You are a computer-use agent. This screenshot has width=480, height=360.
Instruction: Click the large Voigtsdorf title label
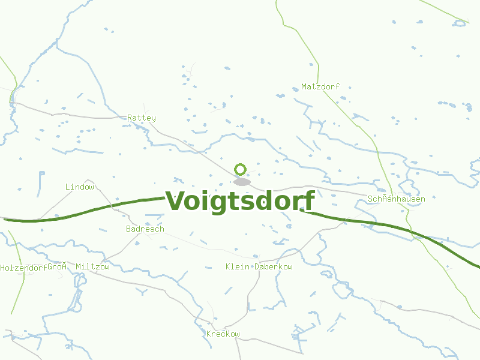[240, 201]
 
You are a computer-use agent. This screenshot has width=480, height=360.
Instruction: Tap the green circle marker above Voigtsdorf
[241, 169]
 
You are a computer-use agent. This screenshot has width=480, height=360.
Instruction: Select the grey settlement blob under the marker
[242, 182]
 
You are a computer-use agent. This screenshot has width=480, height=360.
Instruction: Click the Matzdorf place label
[320, 87]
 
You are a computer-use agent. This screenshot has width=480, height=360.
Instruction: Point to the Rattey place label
[142, 118]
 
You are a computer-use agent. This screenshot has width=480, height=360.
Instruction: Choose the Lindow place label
[80, 187]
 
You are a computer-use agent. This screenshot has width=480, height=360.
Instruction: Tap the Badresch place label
[145, 229]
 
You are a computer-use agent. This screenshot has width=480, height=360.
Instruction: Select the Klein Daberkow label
[259, 266]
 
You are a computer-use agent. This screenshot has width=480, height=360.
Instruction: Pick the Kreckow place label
[223, 334]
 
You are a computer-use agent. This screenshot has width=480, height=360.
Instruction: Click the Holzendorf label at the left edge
[23, 268]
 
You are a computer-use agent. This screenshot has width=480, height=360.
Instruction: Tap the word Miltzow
[93, 267]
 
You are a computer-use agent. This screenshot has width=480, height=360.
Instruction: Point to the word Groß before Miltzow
[56, 267]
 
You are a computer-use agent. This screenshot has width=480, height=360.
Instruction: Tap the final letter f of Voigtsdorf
[308, 201]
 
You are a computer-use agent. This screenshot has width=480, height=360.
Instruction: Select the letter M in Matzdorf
[304, 87]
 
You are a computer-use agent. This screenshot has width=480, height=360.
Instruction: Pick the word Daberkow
[274, 266]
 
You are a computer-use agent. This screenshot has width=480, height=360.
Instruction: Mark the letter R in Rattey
[130, 118]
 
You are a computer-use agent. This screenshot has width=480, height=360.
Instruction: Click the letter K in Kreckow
[208, 334]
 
